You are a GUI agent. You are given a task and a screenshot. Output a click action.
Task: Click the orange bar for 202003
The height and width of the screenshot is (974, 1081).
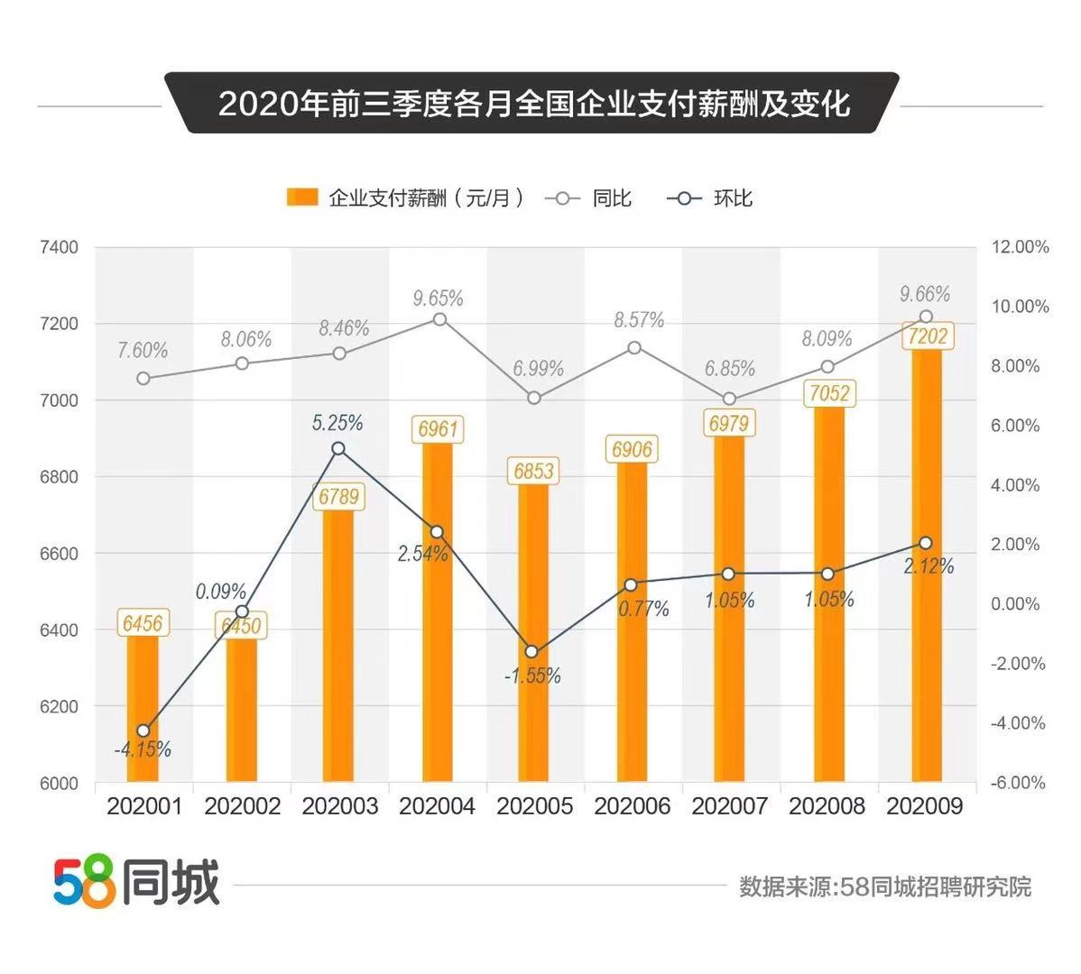pos(338,649)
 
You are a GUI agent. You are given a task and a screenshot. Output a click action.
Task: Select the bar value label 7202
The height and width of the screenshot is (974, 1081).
pos(927,336)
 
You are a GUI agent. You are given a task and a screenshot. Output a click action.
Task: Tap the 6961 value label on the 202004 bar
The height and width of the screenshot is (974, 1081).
pos(438,428)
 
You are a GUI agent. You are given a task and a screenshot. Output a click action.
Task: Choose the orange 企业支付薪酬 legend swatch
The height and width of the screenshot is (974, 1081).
pos(302,198)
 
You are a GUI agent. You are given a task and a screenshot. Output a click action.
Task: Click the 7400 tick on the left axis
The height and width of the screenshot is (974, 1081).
pos(60,247)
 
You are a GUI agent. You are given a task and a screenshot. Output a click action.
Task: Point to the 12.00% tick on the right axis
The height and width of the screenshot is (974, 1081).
pos(1020,247)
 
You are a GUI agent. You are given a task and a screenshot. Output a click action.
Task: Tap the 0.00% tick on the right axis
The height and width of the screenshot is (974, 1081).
pos(1016,604)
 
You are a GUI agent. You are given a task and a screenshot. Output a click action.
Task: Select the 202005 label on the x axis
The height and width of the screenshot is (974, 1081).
pos(535,805)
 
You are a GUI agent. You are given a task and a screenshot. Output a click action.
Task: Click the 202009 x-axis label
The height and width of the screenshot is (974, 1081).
pos(925,805)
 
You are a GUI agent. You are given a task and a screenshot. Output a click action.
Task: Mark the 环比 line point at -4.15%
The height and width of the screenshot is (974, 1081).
pos(143,730)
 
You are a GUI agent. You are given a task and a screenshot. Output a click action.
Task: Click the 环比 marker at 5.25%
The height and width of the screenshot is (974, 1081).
pos(338,448)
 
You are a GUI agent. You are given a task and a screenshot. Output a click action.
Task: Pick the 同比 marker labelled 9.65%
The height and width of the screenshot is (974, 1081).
pos(439,319)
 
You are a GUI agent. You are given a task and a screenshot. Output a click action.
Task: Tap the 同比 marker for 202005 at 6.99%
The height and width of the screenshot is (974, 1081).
pos(534,398)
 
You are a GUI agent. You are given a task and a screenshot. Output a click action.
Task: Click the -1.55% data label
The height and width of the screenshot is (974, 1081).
pos(532,675)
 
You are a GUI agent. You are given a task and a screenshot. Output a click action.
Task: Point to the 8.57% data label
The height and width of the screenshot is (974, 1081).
pos(639,320)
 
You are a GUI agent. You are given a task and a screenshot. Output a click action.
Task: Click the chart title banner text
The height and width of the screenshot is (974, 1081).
pos(534,103)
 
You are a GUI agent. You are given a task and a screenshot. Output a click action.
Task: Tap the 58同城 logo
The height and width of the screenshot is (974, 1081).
pos(136,882)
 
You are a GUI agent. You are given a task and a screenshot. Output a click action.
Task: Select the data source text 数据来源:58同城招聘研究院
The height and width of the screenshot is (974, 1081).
pos(884,887)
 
